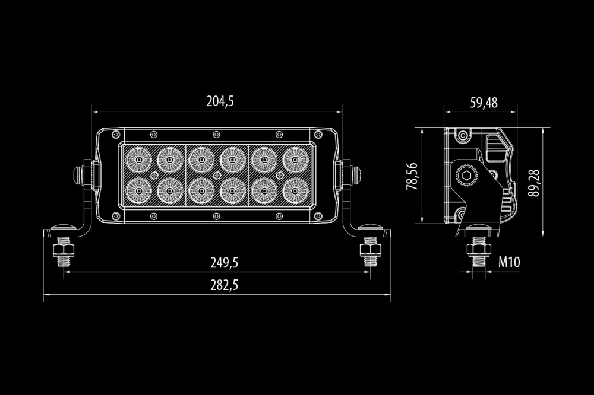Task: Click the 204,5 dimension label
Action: point(220,101)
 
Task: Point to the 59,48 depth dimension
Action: point(484,103)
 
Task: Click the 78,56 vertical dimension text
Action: point(412,176)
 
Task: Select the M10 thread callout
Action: point(509,262)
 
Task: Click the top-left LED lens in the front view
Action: point(138,160)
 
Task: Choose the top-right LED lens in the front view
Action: point(295,160)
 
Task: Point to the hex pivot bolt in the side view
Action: point(466,176)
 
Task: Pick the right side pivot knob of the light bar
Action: point(355,175)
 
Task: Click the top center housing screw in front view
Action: point(216,133)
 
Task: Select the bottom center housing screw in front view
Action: point(216,216)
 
